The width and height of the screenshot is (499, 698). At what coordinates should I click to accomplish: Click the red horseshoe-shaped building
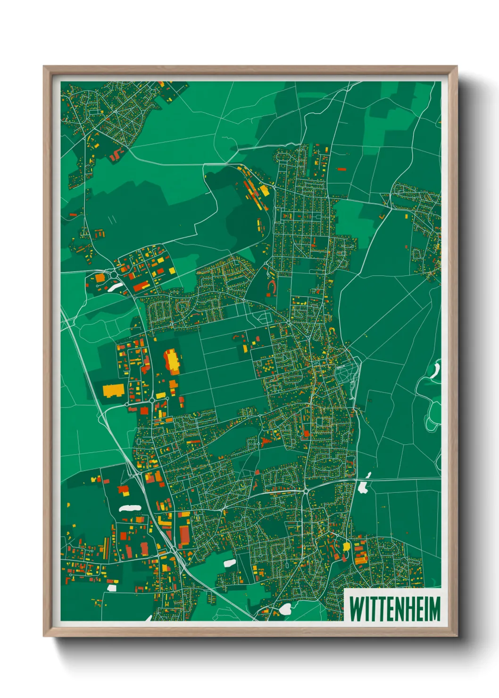pos(272,286)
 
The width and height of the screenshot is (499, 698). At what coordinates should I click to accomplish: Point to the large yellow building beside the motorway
pos(113,391)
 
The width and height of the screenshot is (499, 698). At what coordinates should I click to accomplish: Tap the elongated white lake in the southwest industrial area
pos(130,508)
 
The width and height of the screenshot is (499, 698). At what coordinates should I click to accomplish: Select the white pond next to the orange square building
pos(115,287)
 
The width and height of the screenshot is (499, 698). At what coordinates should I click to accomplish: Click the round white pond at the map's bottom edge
pos(285,609)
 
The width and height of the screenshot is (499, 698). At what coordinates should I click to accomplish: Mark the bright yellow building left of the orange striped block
pos(347,546)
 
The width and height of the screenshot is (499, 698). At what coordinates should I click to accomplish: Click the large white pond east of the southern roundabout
pos(363,487)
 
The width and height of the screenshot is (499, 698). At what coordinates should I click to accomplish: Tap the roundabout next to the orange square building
pos(113,274)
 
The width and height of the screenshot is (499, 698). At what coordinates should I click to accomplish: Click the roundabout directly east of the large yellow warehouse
pos(127,404)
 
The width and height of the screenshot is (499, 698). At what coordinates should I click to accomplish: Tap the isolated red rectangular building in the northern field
pos(341,168)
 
